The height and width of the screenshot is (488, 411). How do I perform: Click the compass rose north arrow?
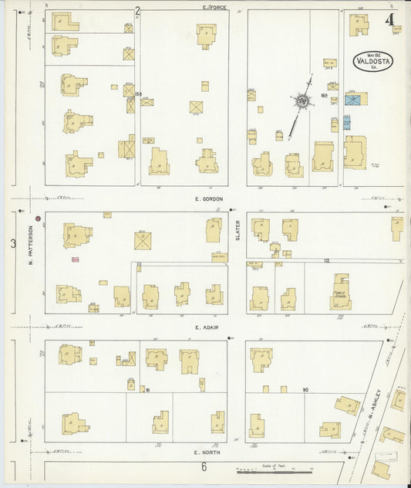[302, 100]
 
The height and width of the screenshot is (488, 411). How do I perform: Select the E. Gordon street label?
[208, 198]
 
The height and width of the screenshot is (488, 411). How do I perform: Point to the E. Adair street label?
[207, 327]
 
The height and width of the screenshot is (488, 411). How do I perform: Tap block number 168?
[325, 96]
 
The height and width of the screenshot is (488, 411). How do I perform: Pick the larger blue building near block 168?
[354, 99]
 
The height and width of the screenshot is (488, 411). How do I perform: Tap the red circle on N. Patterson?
[37, 219]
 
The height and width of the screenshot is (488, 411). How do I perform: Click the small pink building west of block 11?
[76, 259]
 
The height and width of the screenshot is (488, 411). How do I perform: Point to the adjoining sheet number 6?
[204, 466]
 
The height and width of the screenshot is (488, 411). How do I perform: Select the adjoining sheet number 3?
[13, 244]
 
